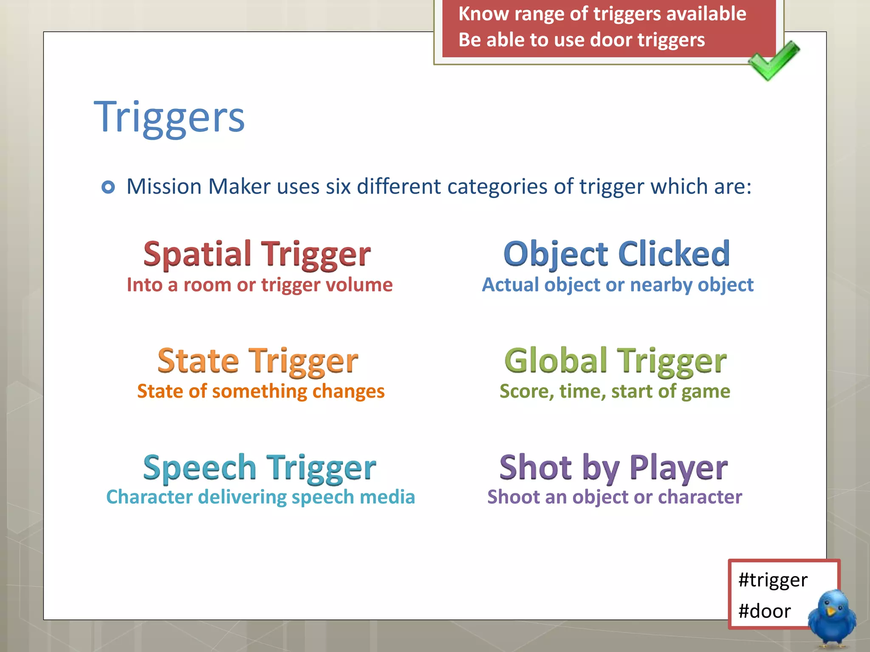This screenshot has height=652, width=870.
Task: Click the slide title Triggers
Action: (169, 117)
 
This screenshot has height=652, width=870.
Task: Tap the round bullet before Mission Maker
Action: (108, 187)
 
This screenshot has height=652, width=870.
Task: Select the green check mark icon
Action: (773, 60)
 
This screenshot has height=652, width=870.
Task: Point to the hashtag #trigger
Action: (773, 580)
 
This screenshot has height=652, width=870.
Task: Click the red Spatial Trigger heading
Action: (257, 254)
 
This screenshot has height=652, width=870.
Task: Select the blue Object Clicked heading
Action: (617, 254)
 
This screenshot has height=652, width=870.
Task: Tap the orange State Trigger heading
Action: (258, 361)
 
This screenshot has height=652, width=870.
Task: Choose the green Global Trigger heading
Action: (616, 361)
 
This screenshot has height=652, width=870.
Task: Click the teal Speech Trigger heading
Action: (260, 468)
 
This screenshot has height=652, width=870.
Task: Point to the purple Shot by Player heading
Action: (614, 468)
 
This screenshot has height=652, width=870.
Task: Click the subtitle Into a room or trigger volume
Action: (260, 285)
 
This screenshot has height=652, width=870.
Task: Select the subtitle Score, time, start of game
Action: (615, 391)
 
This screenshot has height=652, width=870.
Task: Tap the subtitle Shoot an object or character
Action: (615, 497)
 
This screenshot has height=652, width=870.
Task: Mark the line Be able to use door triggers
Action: (582, 40)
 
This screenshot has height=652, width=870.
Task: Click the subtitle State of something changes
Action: (261, 391)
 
